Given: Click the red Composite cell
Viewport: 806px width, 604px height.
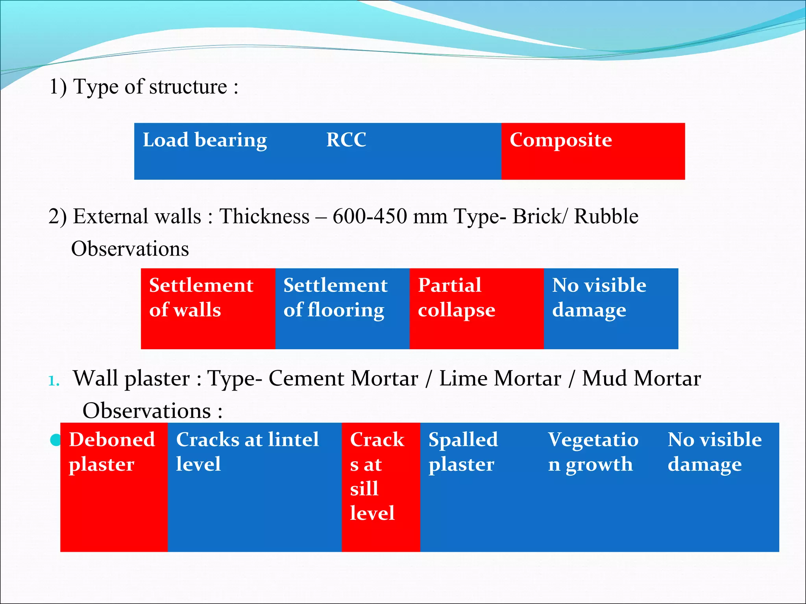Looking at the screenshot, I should [593, 151].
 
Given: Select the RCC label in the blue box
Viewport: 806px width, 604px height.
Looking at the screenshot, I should [346, 140].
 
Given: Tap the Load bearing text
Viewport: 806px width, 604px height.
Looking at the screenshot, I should [205, 140].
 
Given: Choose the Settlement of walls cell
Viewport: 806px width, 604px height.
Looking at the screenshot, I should [208, 308].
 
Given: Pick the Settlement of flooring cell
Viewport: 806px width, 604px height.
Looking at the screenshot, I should [342, 308].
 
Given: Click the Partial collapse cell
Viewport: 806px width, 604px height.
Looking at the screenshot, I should [476, 308].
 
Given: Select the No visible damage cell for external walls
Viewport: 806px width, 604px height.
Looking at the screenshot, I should [611, 308].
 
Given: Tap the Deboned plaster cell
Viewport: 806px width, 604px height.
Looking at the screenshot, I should [114, 487].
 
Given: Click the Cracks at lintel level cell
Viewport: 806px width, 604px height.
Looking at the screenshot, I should [254, 487].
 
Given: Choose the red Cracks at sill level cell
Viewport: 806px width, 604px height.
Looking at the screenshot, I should [381, 487].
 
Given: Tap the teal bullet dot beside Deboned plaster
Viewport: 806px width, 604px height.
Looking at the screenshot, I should [55, 440].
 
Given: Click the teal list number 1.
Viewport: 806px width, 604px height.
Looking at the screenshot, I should [54, 381].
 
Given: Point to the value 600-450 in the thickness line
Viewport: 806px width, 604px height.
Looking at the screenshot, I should [370, 217].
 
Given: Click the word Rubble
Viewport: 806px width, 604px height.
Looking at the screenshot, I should [606, 217].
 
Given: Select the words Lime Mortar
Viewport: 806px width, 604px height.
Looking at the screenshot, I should [500, 379].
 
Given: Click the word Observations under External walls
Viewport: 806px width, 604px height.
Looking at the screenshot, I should [130, 249].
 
